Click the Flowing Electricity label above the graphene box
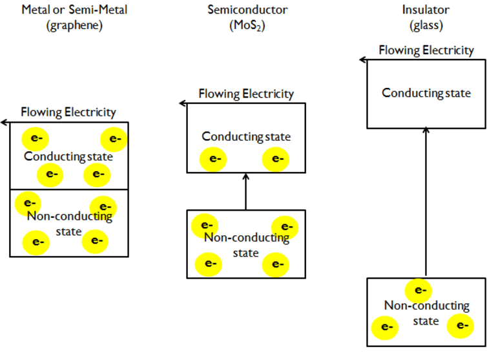point(68,112)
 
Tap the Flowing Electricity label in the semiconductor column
point(246,94)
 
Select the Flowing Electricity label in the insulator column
point(426,50)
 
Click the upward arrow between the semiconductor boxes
point(245,192)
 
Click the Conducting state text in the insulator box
point(426,93)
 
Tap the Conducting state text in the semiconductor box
point(246,137)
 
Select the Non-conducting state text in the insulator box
point(426,313)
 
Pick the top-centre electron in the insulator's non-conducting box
point(419,290)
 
